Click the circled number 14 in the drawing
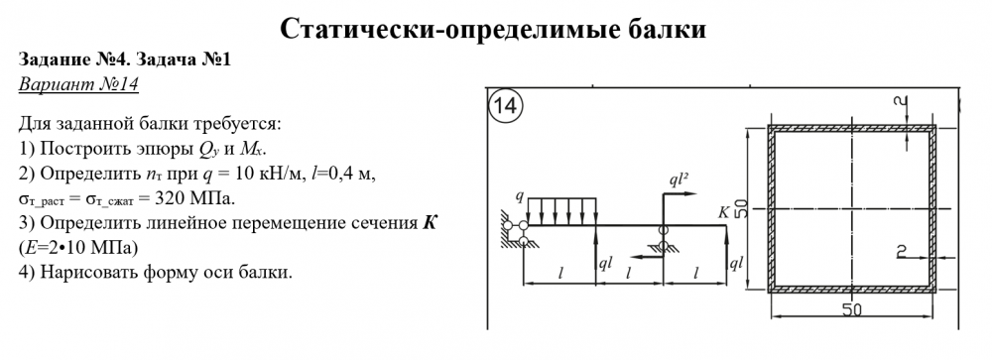click(505, 106)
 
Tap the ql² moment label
click(680, 180)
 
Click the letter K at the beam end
click(724, 212)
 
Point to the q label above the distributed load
click(520, 197)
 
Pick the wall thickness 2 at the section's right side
click(902, 251)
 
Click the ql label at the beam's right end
click(736, 263)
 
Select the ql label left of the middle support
click(606, 264)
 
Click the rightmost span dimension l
click(696, 274)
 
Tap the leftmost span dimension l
click(560, 274)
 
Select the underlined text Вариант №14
click(78, 84)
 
